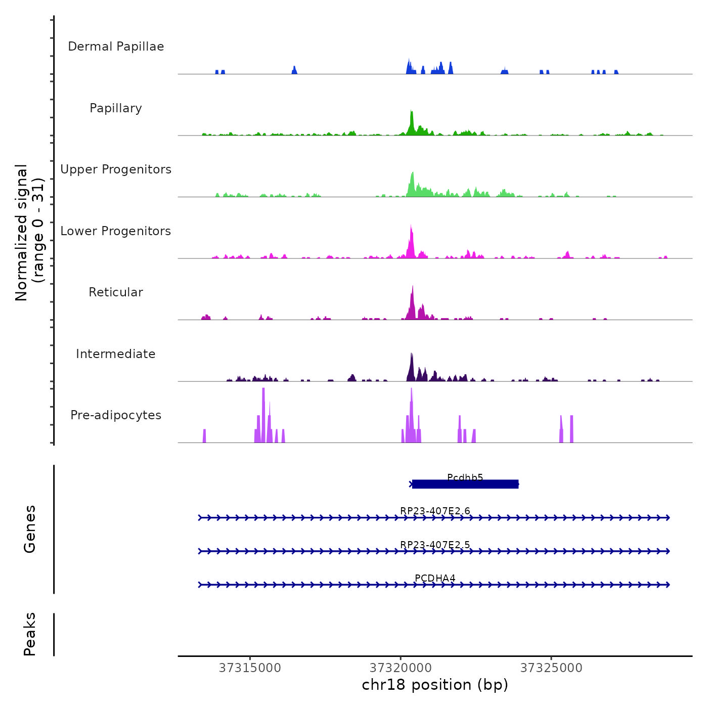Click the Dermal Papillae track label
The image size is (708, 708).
tap(116, 47)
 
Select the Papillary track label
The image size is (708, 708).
tap(116, 108)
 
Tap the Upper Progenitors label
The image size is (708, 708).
tap(116, 169)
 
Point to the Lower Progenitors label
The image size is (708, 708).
tap(116, 231)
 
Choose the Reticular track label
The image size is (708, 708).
tap(116, 292)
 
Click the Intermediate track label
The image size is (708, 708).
tap(116, 354)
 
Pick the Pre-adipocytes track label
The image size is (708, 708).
tap(116, 415)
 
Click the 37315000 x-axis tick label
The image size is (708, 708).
tap(250, 668)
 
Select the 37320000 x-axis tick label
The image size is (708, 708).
tap(401, 668)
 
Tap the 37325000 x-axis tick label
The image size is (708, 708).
tap(551, 668)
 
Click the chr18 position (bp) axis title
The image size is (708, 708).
tap(435, 685)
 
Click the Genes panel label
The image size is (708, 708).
tap(30, 529)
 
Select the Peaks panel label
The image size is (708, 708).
tap(30, 634)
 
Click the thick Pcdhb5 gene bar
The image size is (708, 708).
tap(465, 484)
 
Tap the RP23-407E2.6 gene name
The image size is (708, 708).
tap(435, 511)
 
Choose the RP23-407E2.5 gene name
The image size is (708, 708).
tap(435, 545)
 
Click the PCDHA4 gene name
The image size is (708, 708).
tap(435, 578)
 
